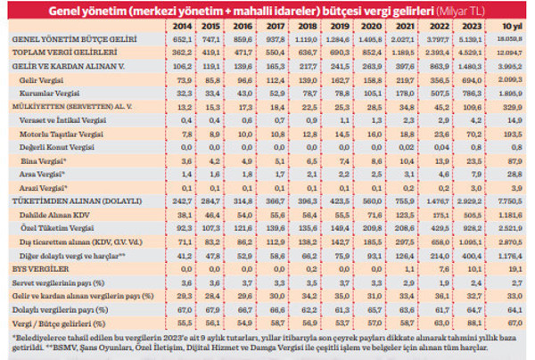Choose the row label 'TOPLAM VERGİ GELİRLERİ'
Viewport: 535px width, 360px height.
[x=60, y=53]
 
